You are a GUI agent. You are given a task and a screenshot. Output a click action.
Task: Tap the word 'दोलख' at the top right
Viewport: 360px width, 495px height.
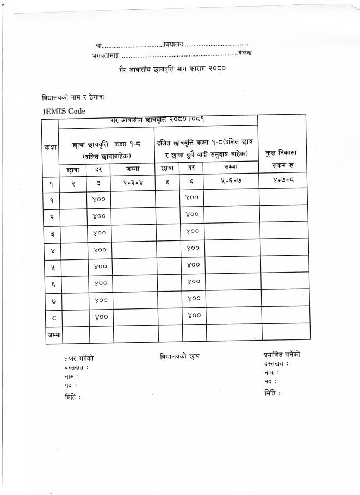tap(245, 53)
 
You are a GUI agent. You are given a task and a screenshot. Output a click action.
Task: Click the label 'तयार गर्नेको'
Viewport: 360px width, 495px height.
tap(79, 358)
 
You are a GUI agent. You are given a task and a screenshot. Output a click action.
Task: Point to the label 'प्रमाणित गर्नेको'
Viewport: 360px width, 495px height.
tap(282, 355)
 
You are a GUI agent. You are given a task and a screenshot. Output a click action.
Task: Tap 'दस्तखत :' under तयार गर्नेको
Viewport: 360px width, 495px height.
tap(76, 368)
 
